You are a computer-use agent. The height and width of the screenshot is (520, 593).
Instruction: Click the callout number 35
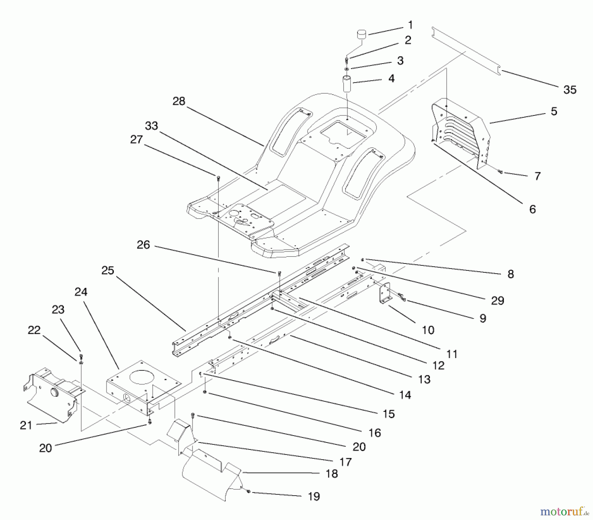[570, 90]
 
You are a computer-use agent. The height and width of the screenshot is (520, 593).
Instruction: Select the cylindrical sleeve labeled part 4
[348, 85]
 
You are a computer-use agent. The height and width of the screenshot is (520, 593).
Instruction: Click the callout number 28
[179, 101]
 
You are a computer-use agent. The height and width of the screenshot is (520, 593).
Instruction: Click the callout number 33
[152, 126]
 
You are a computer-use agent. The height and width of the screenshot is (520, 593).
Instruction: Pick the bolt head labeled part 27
[218, 178]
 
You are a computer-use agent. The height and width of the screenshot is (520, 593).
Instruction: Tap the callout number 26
[143, 245]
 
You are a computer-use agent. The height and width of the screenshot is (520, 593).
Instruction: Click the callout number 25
[108, 270]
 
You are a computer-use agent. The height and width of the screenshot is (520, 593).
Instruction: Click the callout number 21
[26, 425]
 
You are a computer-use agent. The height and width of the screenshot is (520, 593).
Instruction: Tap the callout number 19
[314, 496]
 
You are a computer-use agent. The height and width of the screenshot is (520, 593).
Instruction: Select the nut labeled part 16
[205, 392]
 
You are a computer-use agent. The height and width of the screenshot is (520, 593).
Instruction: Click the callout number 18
[332, 474]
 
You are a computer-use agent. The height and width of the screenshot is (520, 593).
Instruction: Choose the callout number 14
[405, 395]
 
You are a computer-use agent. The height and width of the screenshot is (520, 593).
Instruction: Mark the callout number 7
[537, 176]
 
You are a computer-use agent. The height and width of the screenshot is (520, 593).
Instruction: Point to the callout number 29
[497, 300]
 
